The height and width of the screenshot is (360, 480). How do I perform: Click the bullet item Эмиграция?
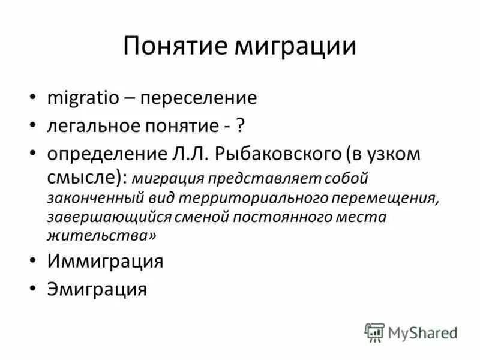(97, 289)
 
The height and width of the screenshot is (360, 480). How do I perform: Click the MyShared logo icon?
(374, 332)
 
